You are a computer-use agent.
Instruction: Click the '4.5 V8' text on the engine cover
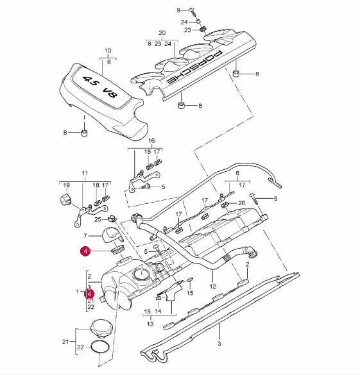click(x=101, y=87)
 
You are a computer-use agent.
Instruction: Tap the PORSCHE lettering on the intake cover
click(x=194, y=67)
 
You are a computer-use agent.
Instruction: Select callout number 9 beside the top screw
click(x=178, y=10)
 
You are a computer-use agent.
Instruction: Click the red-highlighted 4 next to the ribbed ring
click(x=85, y=251)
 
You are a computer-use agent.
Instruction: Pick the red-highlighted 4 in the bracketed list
click(x=89, y=294)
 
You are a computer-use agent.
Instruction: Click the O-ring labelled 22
click(x=101, y=347)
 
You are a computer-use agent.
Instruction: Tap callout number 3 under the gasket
click(x=219, y=344)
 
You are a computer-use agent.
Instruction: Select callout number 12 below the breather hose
click(x=213, y=286)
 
